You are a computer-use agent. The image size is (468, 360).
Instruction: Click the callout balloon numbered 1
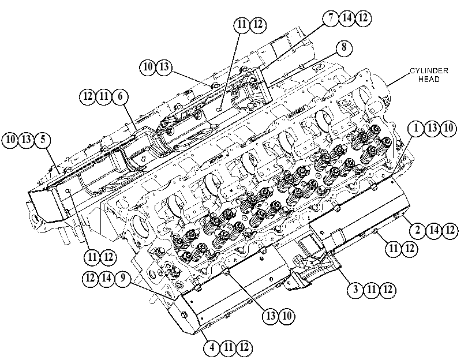(416, 128)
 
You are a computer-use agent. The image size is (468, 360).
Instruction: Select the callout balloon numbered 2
(418, 230)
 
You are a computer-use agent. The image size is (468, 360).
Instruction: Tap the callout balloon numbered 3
(355, 290)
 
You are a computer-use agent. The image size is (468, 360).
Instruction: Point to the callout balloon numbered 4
(212, 347)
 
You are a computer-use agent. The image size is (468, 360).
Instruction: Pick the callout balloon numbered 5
(43, 140)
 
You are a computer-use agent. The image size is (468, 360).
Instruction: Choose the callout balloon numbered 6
(120, 96)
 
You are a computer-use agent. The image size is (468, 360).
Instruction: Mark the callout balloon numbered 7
(331, 18)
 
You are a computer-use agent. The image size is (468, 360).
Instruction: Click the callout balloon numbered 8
(344, 47)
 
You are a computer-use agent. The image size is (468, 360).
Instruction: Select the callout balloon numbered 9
(122, 279)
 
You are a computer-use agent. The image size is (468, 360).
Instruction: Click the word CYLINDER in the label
(429, 71)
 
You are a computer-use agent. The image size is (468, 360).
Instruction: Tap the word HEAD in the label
(429, 79)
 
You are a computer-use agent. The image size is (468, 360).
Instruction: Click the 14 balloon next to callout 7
(347, 18)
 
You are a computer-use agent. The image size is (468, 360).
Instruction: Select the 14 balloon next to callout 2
(434, 230)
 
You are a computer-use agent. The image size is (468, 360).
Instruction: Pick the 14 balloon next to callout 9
(106, 279)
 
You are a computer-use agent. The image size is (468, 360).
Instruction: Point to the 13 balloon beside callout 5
(27, 140)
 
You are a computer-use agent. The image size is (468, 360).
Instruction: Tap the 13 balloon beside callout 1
(432, 128)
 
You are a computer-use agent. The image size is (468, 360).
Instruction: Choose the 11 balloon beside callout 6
(104, 96)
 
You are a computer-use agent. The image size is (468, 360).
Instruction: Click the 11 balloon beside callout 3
(372, 290)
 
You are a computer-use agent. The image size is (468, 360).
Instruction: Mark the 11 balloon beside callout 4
(229, 347)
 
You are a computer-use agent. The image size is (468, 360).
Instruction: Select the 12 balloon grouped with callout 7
(363, 18)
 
